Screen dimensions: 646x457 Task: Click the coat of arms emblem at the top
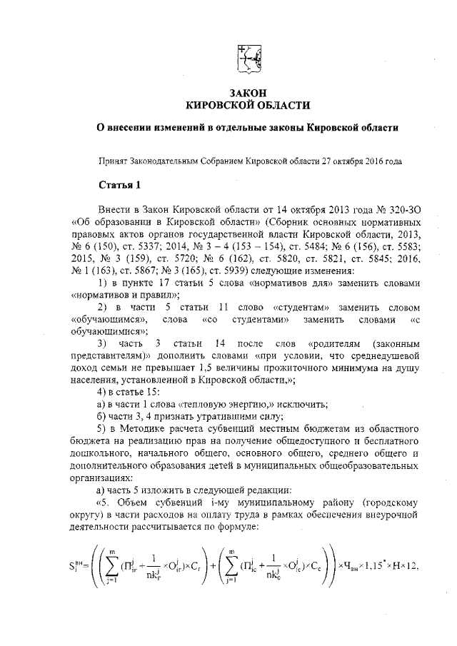(248, 56)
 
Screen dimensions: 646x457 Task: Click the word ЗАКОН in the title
(248, 94)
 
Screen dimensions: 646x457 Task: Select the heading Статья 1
(119, 186)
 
